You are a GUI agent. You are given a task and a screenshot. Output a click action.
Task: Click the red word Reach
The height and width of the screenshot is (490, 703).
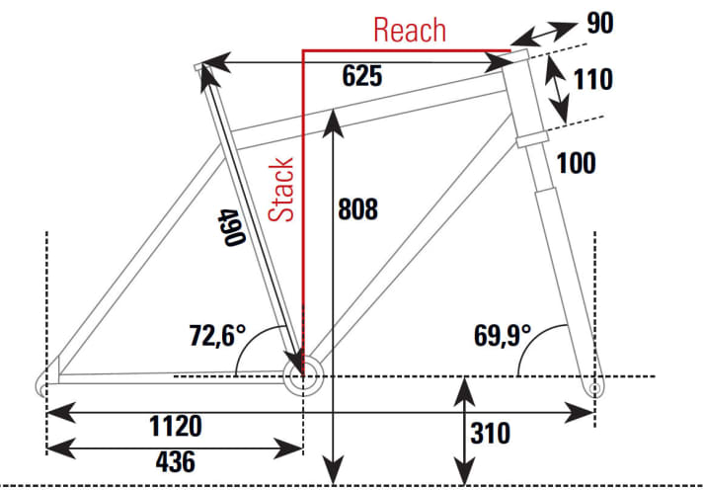coord(410,30)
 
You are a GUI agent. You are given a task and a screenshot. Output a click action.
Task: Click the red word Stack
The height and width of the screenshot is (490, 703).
coord(283,189)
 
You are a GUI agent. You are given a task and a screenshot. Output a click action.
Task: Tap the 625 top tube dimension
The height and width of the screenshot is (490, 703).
coord(362,76)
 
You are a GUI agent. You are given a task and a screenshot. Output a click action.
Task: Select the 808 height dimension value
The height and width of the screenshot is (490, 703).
coord(358,209)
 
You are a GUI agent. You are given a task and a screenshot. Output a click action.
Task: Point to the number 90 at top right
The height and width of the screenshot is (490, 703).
coord(600,23)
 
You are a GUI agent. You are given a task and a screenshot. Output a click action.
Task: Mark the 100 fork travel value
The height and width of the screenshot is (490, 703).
coord(576,163)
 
